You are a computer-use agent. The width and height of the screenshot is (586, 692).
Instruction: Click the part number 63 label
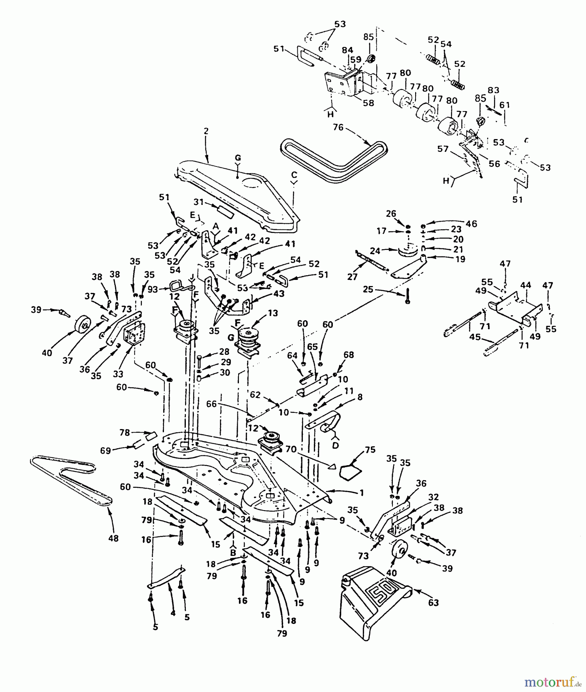[433, 603]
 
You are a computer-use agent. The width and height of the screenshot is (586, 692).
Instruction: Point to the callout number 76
[338, 127]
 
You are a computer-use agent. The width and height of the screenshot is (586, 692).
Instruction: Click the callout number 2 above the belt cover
[206, 131]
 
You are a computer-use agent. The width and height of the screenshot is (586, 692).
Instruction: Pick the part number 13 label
[273, 314]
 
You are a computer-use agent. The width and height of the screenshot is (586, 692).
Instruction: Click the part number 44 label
[526, 285]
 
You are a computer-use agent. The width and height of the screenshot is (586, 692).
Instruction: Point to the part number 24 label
[375, 251]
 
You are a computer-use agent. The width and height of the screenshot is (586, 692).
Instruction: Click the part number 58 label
[368, 103]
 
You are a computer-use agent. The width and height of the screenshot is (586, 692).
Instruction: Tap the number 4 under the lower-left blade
[173, 614]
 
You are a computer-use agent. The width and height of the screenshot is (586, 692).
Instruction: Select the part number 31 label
[198, 201]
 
